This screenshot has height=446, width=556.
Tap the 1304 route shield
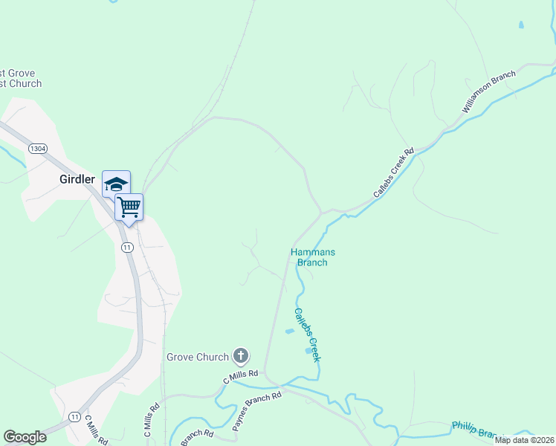pyautogui.click(x=38, y=149)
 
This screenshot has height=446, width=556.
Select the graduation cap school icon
pyautogui.click(x=116, y=184)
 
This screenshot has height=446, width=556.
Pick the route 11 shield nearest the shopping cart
pyautogui.click(x=127, y=247)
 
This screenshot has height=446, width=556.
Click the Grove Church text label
pyautogui.click(x=198, y=357)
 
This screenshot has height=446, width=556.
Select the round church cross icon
pyautogui.click(x=240, y=357)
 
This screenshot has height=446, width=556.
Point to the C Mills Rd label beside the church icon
pyautogui.click(x=240, y=377)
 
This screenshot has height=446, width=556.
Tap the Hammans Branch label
pyautogui.click(x=308, y=257)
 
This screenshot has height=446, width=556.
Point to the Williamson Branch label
pyautogui.click(x=488, y=91)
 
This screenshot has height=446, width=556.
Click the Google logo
pyautogui.click(x=25, y=436)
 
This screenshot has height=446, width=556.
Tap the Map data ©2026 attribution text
pyautogui.click(x=524, y=440)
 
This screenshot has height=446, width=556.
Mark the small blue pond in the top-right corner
pyautogui.click(x=521, y=25)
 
